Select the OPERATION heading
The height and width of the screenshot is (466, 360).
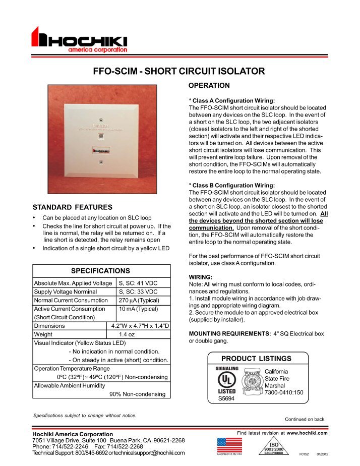[209, 85]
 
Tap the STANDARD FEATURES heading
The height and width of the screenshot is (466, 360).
[72, 207]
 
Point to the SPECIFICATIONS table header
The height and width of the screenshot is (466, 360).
[100, 270]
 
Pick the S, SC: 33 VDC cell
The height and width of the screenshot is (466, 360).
[138, 292]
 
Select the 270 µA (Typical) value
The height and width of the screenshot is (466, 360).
[139, 300]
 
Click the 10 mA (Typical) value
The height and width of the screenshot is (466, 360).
[137, 309]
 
